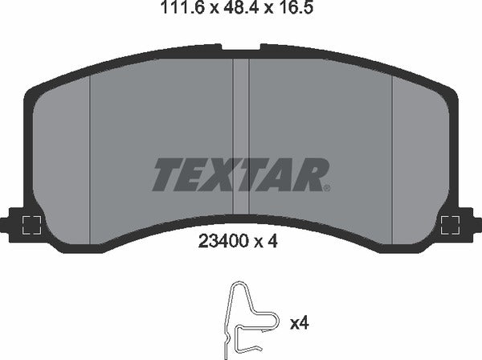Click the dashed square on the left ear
point(31,225)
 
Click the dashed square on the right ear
point(449,225)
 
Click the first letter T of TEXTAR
point(165,174)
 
